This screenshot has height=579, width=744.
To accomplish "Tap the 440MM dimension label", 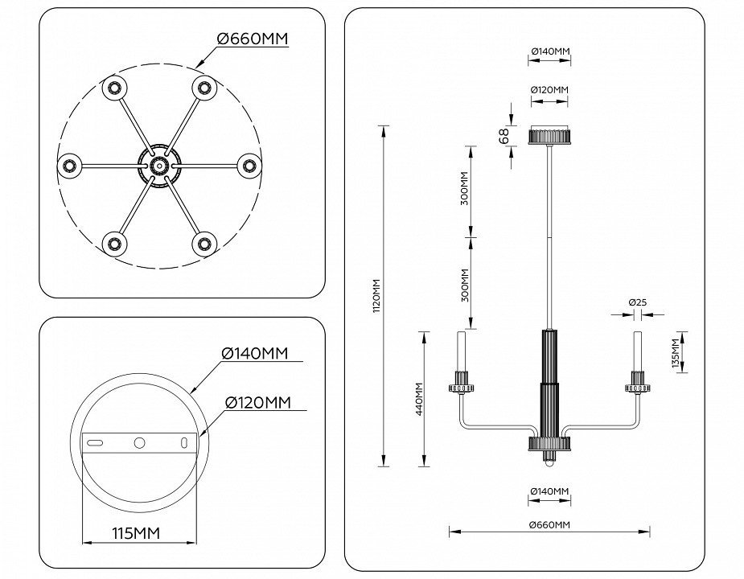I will [x=418, y=399].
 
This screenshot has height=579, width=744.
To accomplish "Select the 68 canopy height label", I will [x=504, y=136].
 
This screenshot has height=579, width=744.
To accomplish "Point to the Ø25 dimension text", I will [x=638, y=302].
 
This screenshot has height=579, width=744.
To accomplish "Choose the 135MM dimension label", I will [x=675, y=352].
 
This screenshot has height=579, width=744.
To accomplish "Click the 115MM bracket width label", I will [x=135, y=533].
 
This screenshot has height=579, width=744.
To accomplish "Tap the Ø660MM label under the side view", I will [x=549, y=524].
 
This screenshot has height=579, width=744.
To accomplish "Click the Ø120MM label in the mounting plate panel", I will [x=257, y=402].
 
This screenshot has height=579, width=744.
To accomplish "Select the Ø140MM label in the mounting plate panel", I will [x=254, y=354].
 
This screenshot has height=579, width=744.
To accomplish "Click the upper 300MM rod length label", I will [x=465, y=191].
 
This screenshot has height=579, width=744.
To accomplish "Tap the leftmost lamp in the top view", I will [x=70, y=166].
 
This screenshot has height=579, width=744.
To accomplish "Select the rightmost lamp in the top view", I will [x=249, y=166].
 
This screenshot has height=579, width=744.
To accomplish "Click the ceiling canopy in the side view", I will [x=549, y=135].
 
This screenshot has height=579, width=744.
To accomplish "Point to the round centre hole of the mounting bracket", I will [x=140, y=442].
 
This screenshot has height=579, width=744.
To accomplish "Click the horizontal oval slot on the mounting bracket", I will [x=96, y=443].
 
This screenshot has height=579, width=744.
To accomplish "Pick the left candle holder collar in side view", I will [x=462, y=388].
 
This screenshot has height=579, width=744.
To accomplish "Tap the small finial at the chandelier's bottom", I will [x=549, y=461].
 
